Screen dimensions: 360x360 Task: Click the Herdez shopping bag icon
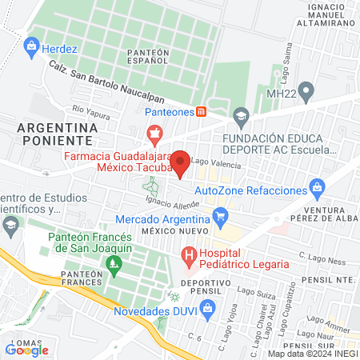(33, 45)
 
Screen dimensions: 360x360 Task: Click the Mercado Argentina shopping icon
(222, 216)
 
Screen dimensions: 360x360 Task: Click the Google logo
(26, 350)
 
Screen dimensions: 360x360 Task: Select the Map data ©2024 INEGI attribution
(311, 353)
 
